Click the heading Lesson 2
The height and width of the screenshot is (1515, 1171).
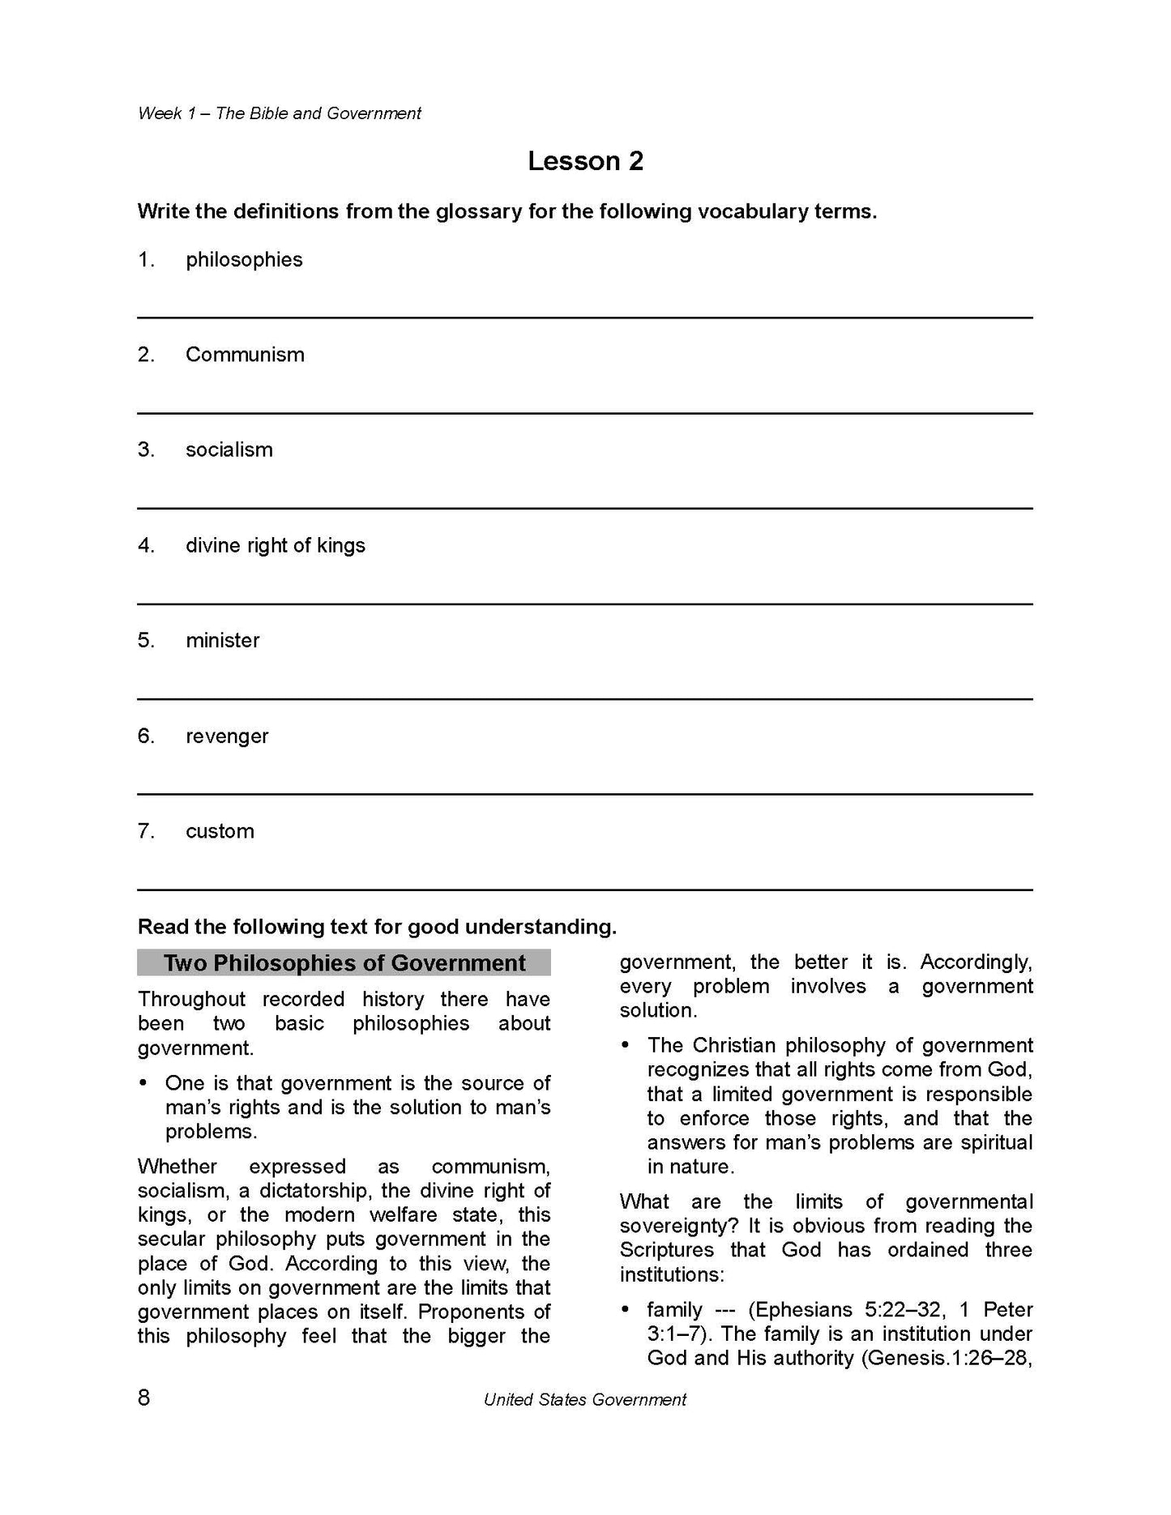click(585, 161)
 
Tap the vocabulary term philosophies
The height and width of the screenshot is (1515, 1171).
click(244, 260)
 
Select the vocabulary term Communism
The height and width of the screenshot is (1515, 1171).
click(245, 355)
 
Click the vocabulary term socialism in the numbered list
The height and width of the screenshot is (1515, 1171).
click(229, 450)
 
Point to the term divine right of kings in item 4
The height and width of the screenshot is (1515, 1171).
click(276, 546)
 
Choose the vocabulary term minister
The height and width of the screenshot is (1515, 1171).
click(223, 641)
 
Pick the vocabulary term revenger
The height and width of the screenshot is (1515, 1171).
click(227, 736)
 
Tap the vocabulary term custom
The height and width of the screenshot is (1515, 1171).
click(220, 831)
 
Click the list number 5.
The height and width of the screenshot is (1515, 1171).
click(146, 641)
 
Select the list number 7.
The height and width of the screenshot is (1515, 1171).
click(146, 831)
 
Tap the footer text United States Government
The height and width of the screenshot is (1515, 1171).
click(584, 1399)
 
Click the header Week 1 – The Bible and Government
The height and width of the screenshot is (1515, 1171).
click(280, 114)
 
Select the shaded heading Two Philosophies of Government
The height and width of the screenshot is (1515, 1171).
click(344, 963)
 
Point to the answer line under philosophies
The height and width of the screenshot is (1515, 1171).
click(585, 318)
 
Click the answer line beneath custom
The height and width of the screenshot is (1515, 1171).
click(585, 890)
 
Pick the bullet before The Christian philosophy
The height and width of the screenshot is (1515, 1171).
click(626, 1046)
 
